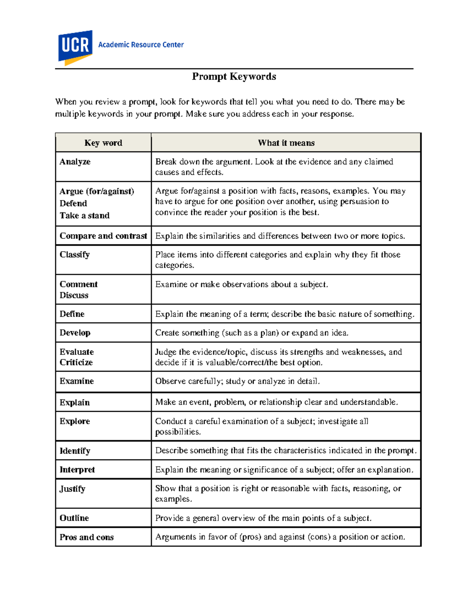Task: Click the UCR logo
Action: click(75, 47)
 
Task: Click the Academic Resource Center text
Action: click(141, 45)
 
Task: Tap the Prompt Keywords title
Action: click(234, 76)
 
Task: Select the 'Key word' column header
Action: click(103, 143)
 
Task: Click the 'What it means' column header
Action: click(286, 143)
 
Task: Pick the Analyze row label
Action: click(75, 162)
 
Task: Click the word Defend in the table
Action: click(73, 203)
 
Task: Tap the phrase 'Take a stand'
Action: click(85, 215)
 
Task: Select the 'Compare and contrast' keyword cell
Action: click(103, 236)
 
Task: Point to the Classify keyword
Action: click(74, 254)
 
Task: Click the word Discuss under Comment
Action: click(74, 295)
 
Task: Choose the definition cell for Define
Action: click(285, 314)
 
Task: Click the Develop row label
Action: click(75, 333)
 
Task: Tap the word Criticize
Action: click(76, 362)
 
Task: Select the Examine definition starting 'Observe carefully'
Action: click(238, 381)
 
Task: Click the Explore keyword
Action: click(75, 421)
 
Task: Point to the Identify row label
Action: click(75, 451)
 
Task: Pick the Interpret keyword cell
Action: click(77, 470)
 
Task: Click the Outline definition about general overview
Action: click(263, 518)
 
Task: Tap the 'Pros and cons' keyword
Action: click(87, 537)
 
